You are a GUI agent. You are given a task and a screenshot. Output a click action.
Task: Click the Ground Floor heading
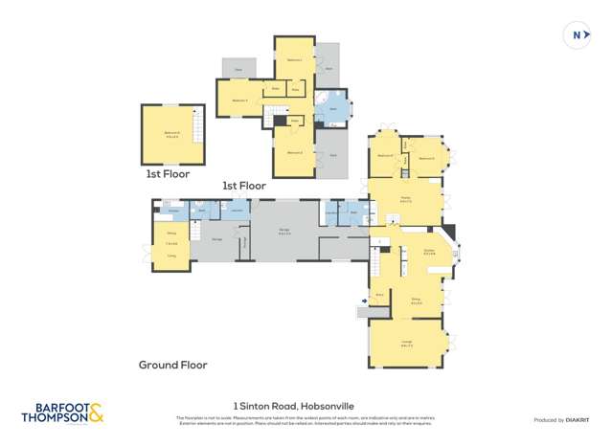172,365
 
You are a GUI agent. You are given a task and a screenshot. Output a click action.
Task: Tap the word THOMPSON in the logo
54,418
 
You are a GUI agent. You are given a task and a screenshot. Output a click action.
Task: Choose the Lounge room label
405,346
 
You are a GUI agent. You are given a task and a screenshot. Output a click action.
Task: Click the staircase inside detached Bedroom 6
198,123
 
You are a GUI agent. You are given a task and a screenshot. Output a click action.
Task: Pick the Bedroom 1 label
294,60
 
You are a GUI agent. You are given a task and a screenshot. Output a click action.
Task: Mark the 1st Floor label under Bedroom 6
168,174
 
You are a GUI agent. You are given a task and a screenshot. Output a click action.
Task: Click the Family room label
405,200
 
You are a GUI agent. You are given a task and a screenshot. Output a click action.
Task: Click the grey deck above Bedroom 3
238,69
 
